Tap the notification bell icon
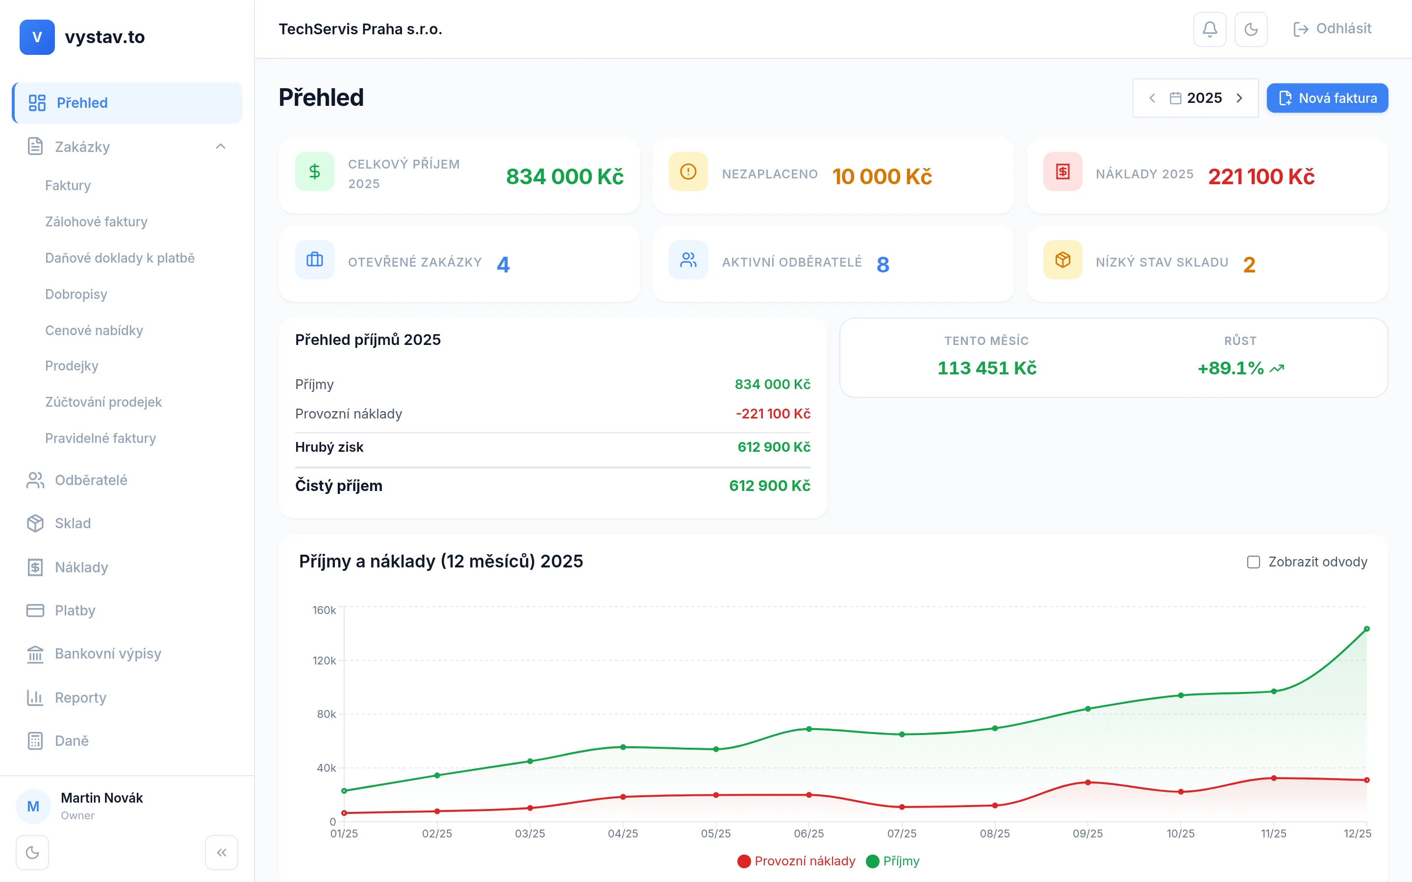[1210, 29]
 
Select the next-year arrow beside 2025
[1239, 98]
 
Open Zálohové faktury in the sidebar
[96, 221]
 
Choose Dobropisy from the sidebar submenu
[76, 294]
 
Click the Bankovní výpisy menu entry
[108, 653]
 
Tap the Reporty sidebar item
[80, 698]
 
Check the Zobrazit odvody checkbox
[1253, 562]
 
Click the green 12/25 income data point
[1366, 629]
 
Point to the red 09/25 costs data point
[1087, 782]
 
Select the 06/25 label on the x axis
[808, 833]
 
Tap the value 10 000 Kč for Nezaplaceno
[882, 176]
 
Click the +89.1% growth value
[1231, 368]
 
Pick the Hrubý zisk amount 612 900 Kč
[774, 447]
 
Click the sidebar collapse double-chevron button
[221, 852]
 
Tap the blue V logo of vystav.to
[37, 37]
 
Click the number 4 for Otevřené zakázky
[503, 265]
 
